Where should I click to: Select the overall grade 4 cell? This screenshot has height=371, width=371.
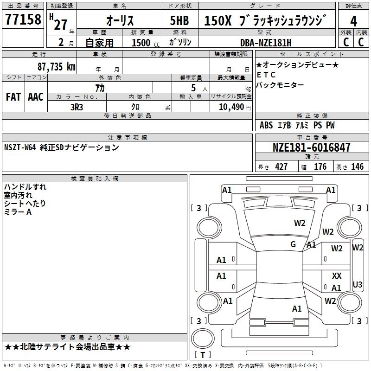coord(353,21)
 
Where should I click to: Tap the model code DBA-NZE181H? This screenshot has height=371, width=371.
coord(266,43)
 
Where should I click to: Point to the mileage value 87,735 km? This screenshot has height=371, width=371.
coord(56,66)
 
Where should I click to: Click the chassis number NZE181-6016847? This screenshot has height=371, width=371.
coord(311,148)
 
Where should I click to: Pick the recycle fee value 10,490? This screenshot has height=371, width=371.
coord(230,107)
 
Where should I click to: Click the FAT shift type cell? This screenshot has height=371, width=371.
coord(13,96)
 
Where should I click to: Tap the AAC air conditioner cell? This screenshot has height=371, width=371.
coord(35,96)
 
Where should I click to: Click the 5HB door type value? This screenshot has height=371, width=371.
coord(179,21)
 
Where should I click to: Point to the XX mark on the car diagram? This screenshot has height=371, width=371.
coord(337,276)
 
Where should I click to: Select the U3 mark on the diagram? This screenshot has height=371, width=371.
coord(358,284)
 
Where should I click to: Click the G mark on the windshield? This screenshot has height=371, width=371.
coord(293,244)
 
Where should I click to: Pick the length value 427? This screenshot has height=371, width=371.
coord(281,167)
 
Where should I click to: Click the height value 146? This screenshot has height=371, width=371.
coord(357,167)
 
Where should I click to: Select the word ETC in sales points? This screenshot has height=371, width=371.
coord(266,75)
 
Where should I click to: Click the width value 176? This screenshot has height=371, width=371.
coord(320,167)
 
